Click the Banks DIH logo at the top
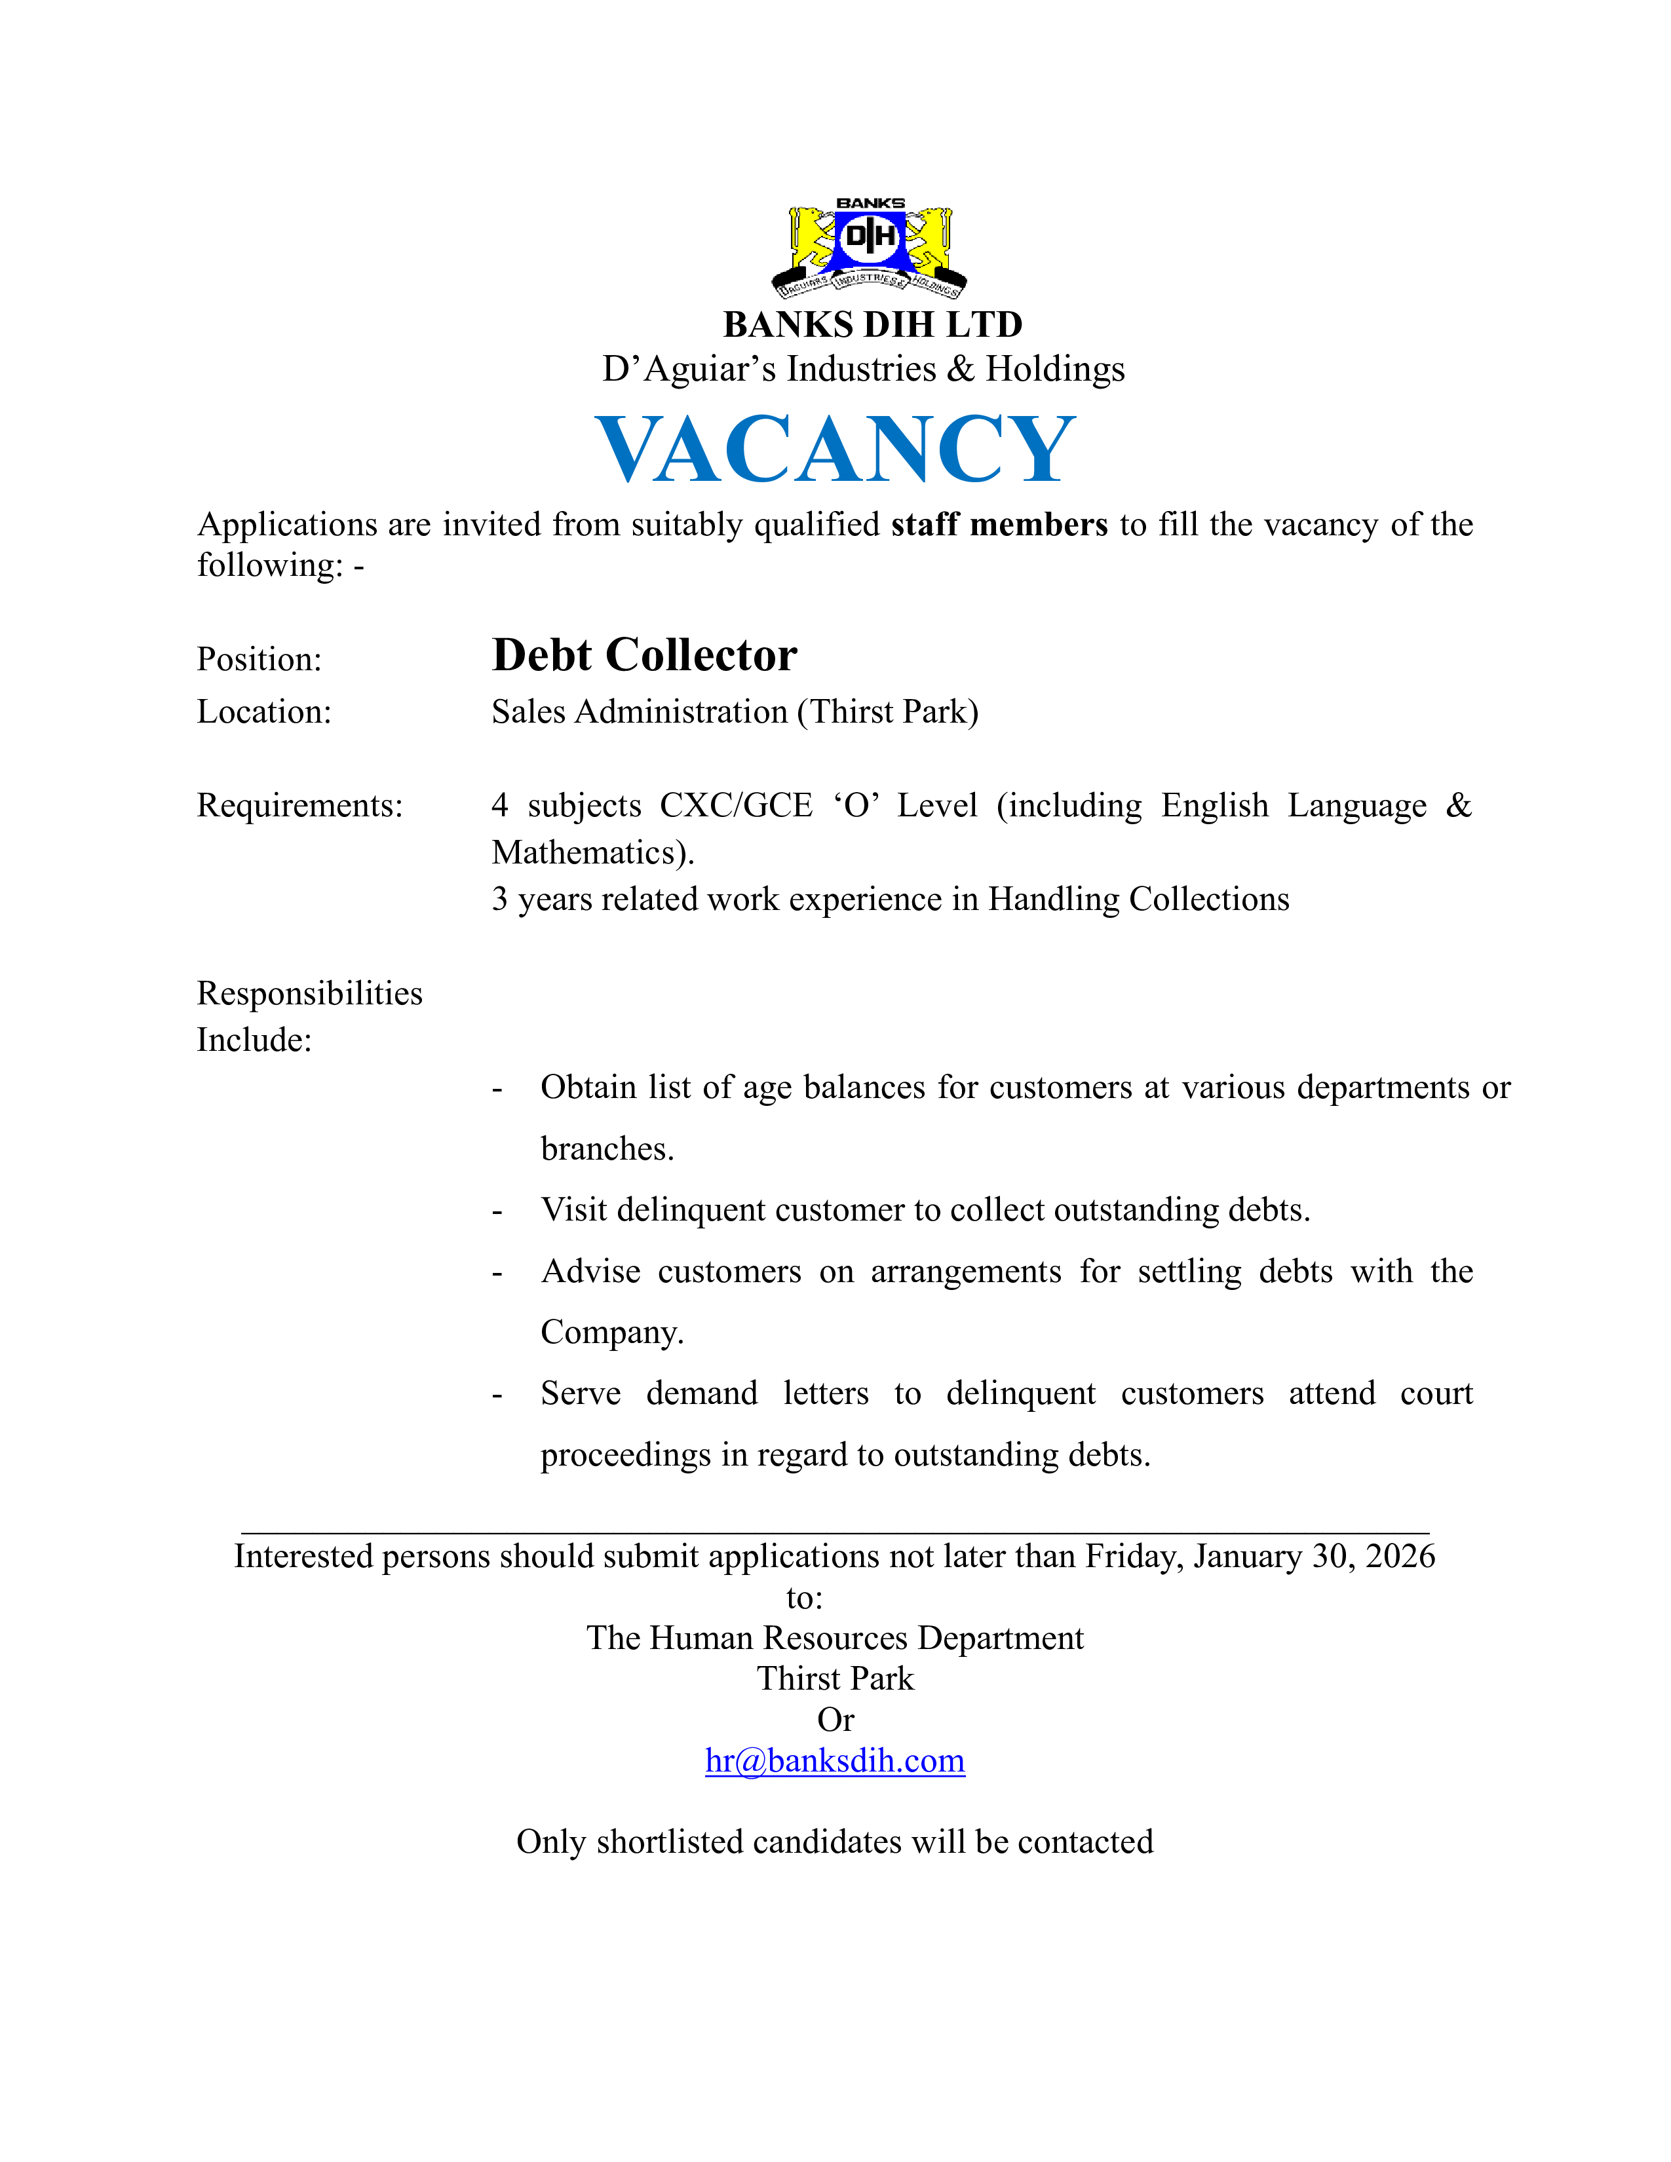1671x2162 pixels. tap(869, 250)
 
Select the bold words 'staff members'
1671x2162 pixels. tap(999, 525)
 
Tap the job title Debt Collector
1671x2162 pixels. tap(644, 655)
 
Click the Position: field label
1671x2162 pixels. tap(259, 659)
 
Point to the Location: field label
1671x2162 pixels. tap(264, 711)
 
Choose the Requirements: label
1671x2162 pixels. tap(300, 806)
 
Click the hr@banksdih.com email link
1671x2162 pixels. tap(834, 1760)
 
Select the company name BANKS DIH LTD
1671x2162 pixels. tap(872, 325)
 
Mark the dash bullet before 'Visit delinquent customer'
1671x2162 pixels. tap(497, 1211)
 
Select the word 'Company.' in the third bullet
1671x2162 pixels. tap(612, 1333)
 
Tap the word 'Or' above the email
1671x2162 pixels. tap(834, 1720)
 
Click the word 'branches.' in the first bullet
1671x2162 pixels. tap(607, 1148)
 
